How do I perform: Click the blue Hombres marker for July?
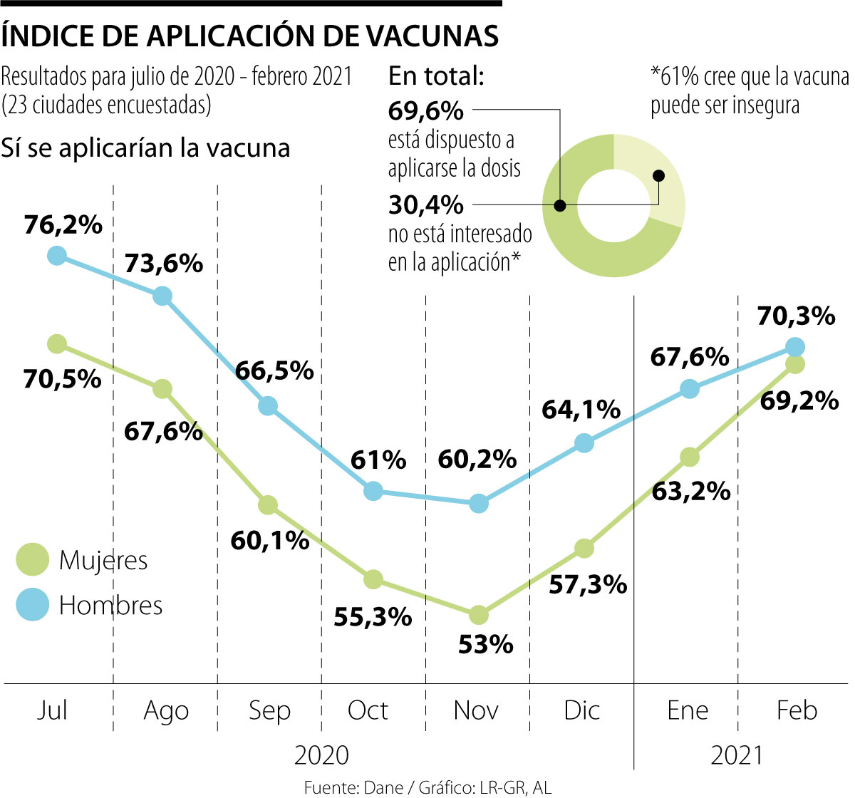point(57,255)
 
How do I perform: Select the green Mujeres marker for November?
point(479,614)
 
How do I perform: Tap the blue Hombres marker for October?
point(373,491)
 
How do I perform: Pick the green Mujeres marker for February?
point(795,364)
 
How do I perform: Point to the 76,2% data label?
point(63,224)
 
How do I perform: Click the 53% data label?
point(485,645)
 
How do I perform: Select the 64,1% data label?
point(581,410)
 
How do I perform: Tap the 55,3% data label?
point(373,616)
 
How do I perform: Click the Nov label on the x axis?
point(476,710)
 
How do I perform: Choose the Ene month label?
point(688,710)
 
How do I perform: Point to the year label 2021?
point(737,755)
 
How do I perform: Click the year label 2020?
point(321,755)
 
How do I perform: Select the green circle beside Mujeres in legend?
point(33,559)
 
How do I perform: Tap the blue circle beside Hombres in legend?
point(33,605)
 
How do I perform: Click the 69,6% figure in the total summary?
point(426,110)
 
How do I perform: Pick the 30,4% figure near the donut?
point(426,205)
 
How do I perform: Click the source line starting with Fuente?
point(427,787)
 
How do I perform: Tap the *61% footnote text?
point(748,90)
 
